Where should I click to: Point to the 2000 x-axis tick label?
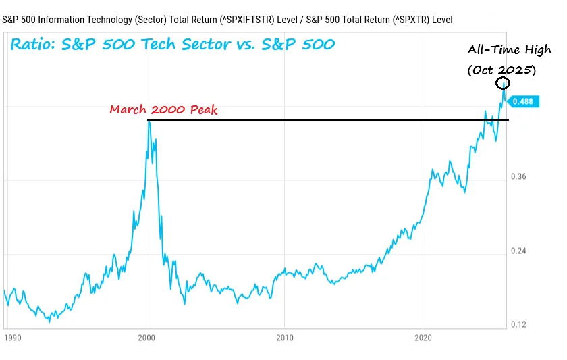pos(146,336)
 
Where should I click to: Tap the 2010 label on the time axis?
pos(285,336)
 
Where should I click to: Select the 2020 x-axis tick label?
pos(423,336)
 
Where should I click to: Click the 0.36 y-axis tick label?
pos(519,177)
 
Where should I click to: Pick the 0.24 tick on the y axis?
pos(519,251)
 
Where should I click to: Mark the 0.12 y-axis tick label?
pos(519,324)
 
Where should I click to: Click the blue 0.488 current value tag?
pos(522,101)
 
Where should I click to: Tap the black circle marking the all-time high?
pos(503,83)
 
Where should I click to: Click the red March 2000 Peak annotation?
pos(164,109)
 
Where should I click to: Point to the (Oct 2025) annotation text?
pos(502,69)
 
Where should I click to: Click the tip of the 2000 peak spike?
pos(148,121)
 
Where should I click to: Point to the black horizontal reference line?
pos(324,120)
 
